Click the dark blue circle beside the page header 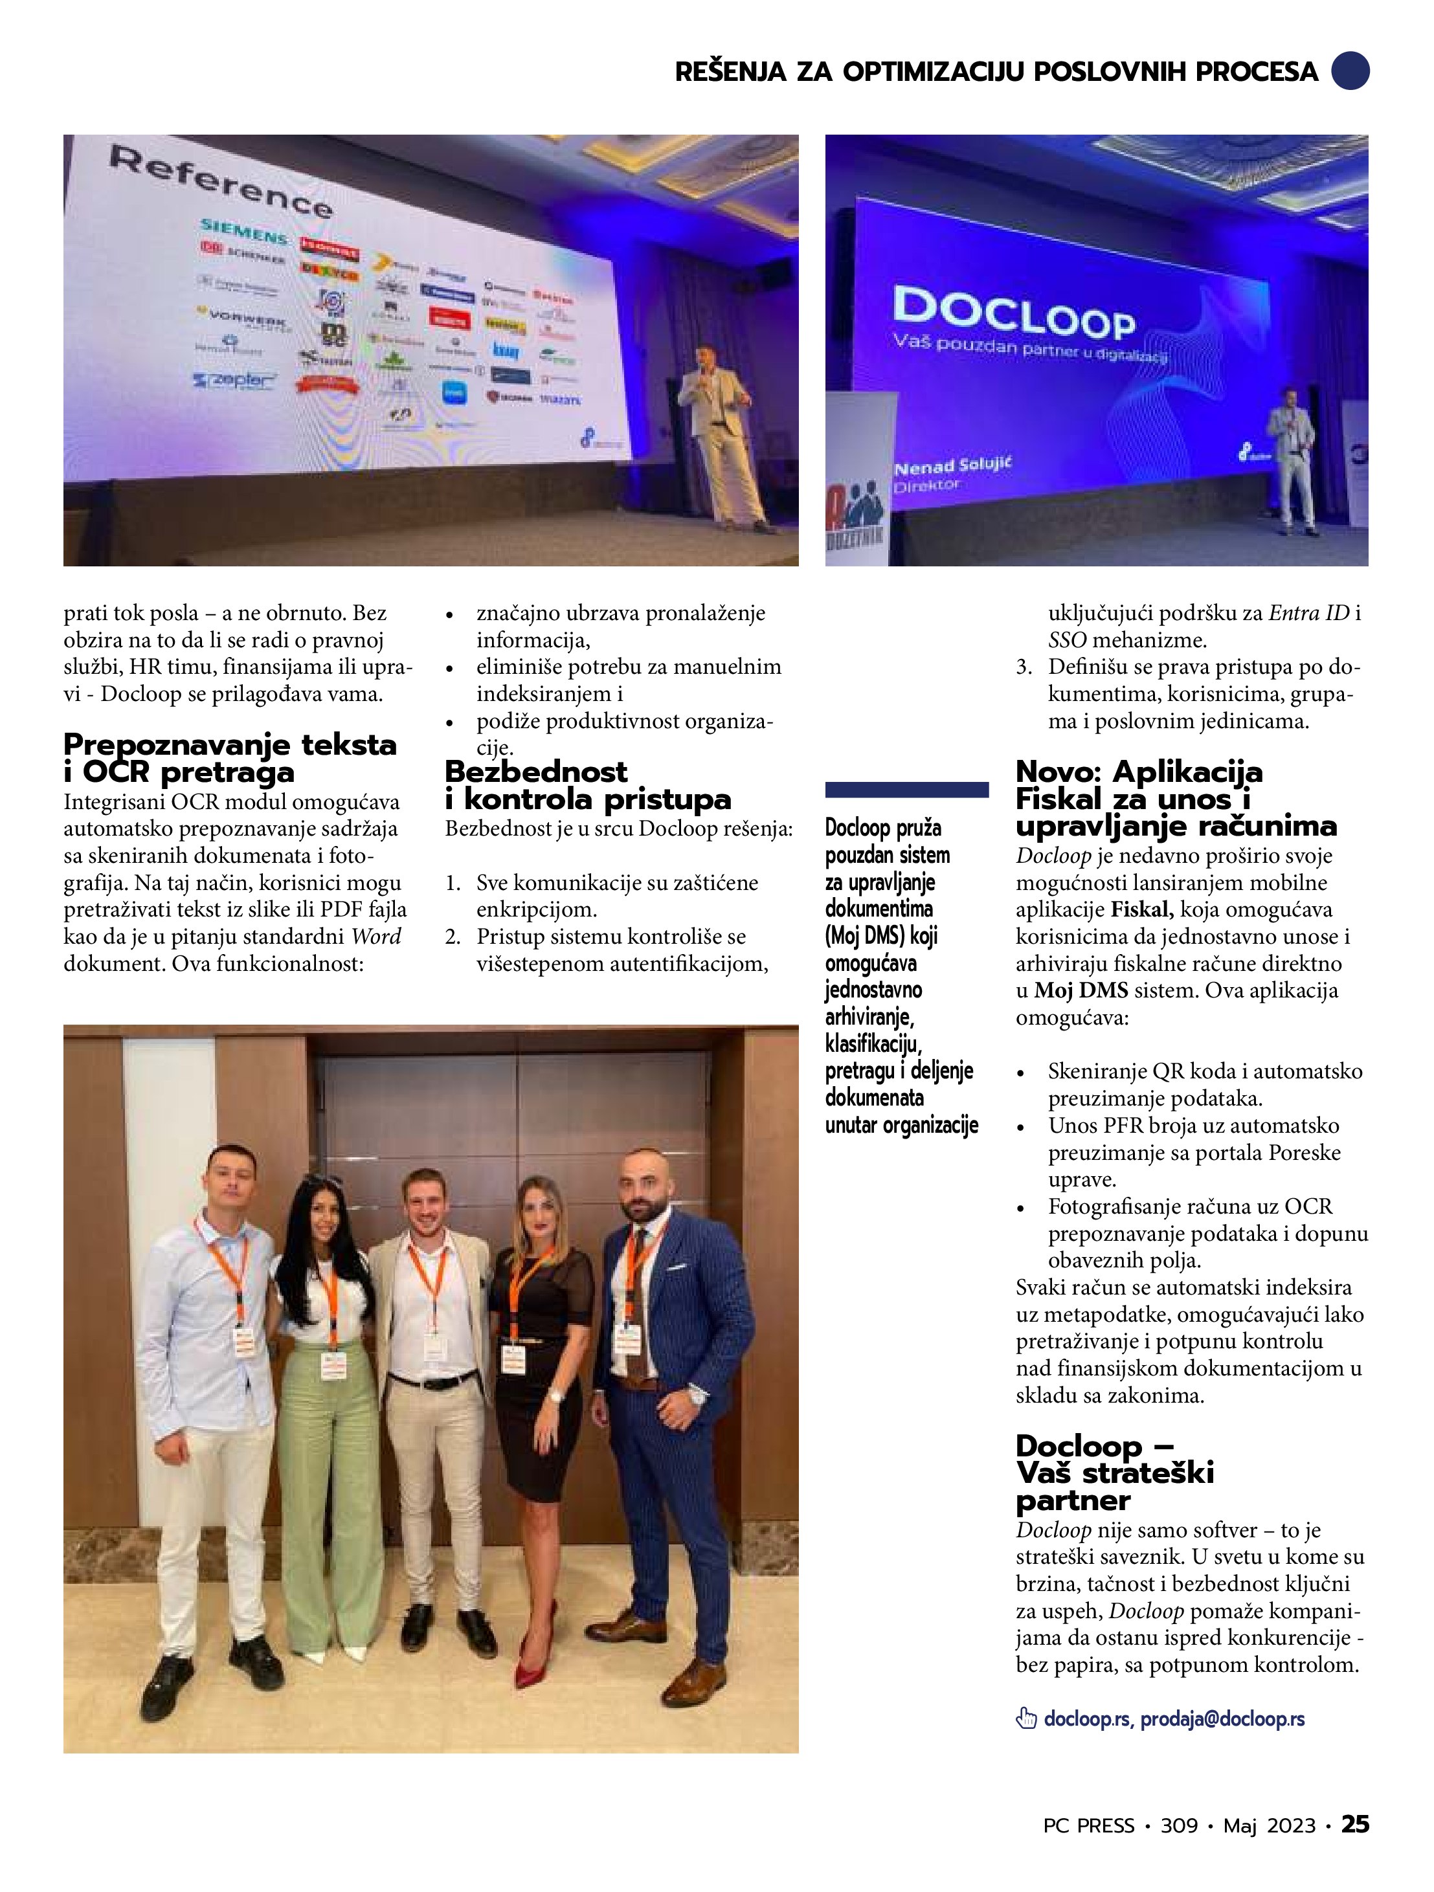(1350, 71)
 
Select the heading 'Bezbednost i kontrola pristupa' (587, 785)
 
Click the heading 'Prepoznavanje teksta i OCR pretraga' (229, 758)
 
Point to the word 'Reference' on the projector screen (221, 181)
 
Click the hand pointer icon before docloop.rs (1025, 1719)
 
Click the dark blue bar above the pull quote (906, 790)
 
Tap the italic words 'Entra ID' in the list (1308, 612)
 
